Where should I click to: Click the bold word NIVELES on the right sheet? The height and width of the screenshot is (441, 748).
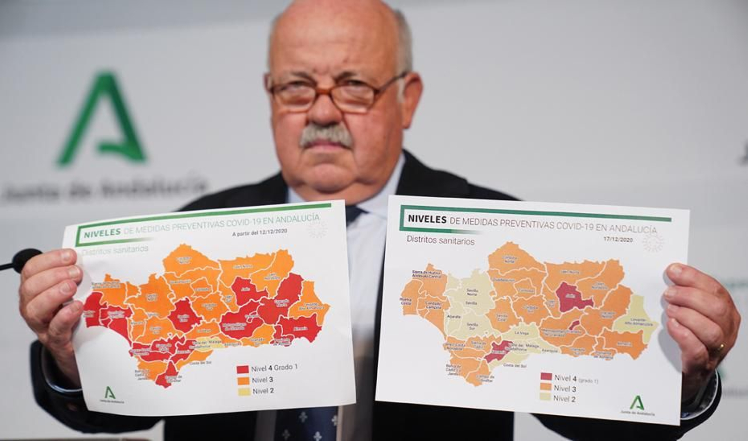click(x=427, y=219)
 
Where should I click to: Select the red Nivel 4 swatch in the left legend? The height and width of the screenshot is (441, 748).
click(x=243, y=369)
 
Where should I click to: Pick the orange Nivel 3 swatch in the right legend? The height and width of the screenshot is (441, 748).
click(x=546, y=387)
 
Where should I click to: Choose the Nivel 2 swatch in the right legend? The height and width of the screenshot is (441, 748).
click(x=545, y=398)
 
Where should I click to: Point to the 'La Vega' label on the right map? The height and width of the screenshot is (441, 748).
click(x=521, y=333)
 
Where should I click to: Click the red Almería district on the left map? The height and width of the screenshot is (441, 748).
click(x=300, y=328)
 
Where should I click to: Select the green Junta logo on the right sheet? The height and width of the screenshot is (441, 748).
click(x=637, y=404)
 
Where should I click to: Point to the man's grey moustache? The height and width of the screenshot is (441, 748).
click(x=326, y=135)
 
